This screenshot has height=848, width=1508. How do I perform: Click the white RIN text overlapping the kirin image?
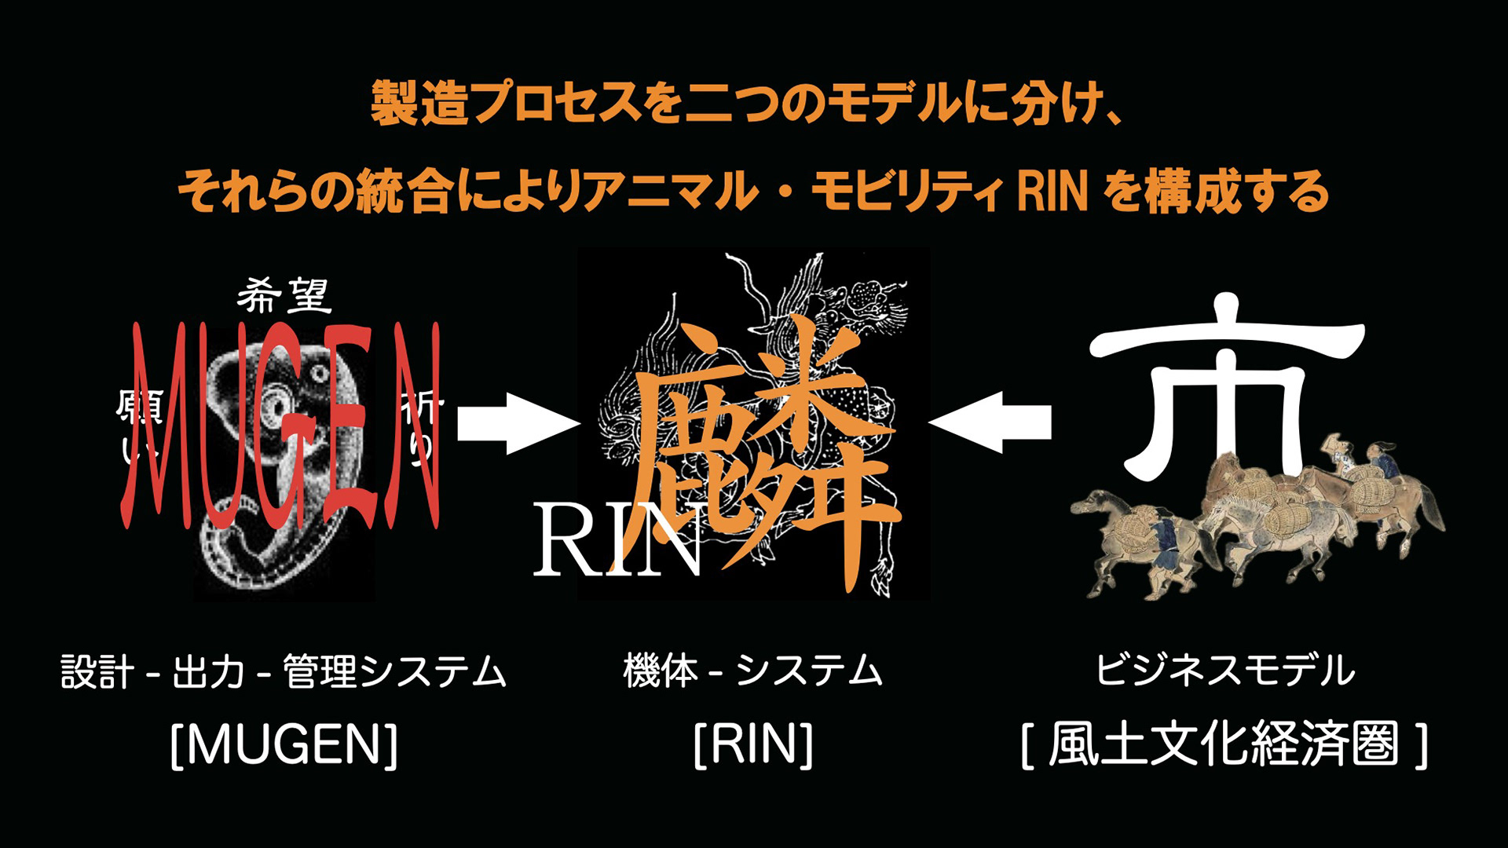(617, 542)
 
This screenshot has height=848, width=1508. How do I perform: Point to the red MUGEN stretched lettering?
(283, 424)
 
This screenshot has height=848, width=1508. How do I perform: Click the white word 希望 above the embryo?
(284, 297)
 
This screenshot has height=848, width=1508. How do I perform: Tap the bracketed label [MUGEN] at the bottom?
(284, 744)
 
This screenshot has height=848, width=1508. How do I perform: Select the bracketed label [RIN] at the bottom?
(753, 744)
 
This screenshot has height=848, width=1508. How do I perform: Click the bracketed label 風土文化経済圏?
(1224, 744)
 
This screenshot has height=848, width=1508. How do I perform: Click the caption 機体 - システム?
(753, 671)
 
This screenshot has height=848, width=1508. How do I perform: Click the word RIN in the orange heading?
(1052, 192)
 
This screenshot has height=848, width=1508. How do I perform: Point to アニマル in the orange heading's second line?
(672, 192)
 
